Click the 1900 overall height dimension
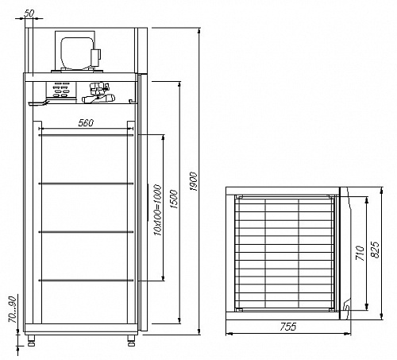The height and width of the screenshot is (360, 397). point(194,181)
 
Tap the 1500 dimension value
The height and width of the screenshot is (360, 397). point(175,199)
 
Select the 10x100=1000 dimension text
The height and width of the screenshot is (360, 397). point(157,210)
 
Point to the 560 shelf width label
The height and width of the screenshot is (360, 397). point(86,122)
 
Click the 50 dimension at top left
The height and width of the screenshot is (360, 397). point(29,14)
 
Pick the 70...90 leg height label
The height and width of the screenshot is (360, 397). point(13,309)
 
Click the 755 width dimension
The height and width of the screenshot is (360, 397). point(288,327)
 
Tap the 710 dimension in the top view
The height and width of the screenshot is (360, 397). point(360,253)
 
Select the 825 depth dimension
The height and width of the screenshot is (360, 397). point(375,249)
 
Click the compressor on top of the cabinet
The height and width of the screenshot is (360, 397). point(78,52)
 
